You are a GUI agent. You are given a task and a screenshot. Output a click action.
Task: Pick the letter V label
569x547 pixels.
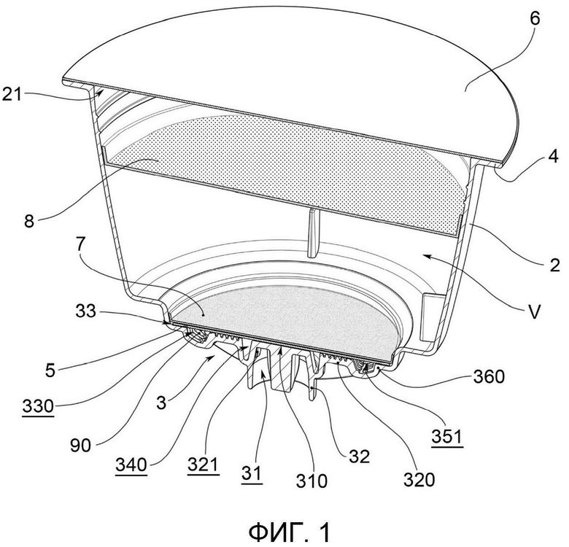tap(534, 312)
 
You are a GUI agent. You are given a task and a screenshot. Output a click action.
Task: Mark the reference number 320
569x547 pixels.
tap(419, 479)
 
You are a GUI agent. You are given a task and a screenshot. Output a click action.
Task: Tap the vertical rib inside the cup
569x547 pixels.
tap(311, 233)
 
